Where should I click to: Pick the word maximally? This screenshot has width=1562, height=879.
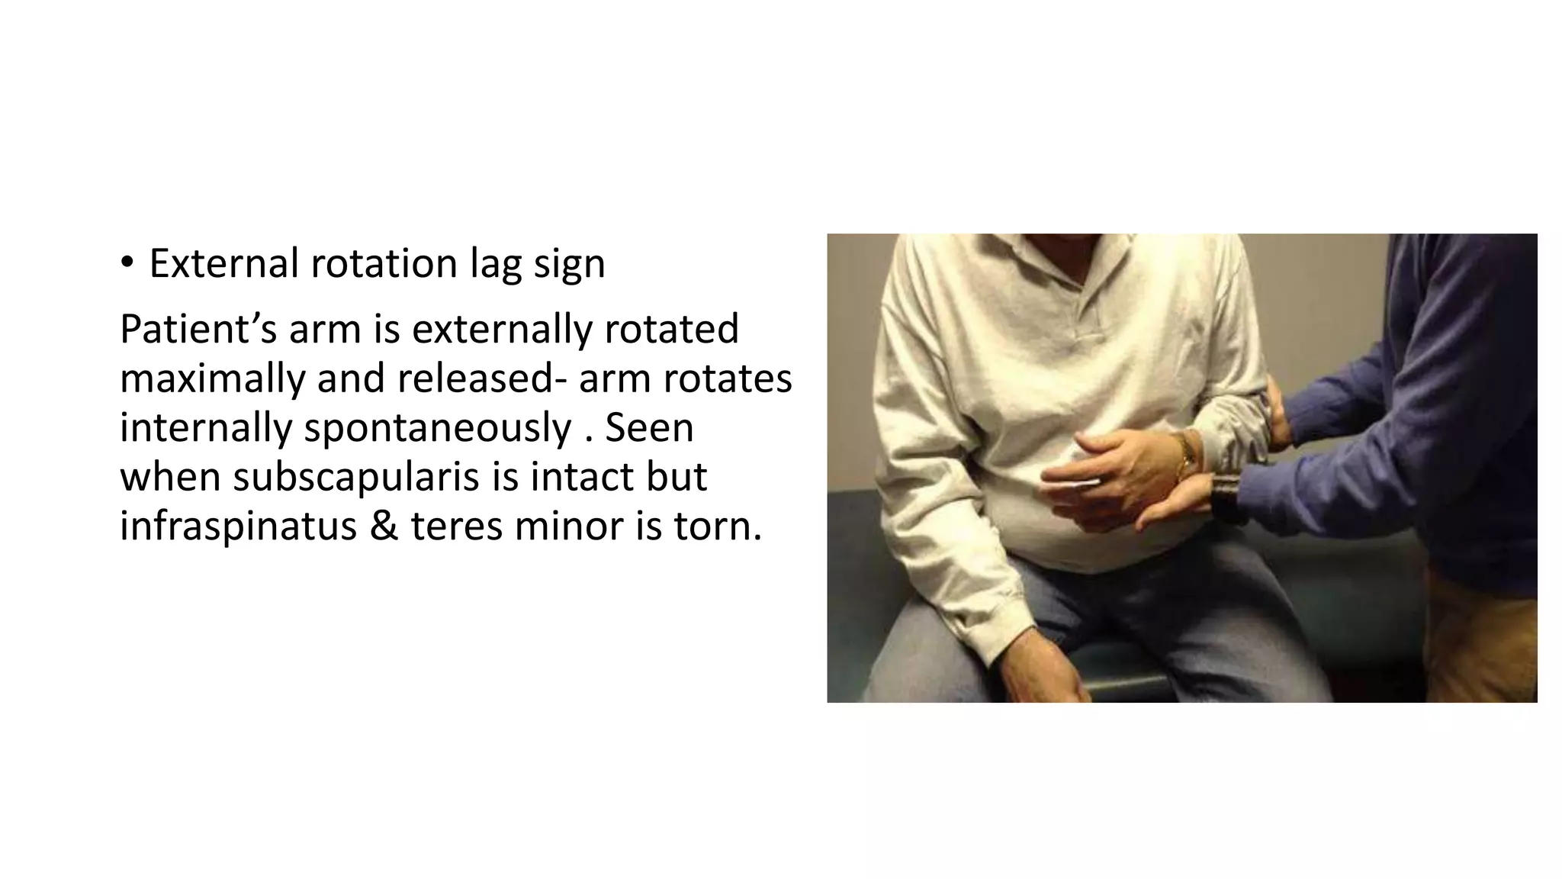(x=212, y=378)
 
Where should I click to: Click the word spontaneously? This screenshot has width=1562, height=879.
(x=437, y=428)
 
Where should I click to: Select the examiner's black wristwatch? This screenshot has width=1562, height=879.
(x=1226, y=496)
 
